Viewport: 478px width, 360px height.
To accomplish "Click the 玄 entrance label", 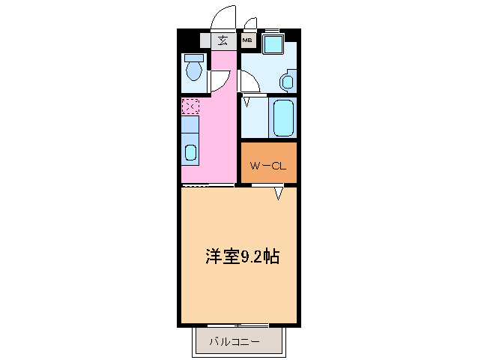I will click(223, 40).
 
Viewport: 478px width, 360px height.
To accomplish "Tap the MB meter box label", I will click(246, 41).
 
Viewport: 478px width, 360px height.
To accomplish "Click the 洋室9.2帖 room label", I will click(242, 257).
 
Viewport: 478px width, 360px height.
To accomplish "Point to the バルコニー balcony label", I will click(235, 342).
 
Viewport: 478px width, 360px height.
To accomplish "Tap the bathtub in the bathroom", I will click(285, 118).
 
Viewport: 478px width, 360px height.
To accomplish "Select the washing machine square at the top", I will click(273, 43).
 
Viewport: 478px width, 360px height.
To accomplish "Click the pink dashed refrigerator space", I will click(190, 107).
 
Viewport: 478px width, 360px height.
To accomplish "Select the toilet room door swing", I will click(220, 81).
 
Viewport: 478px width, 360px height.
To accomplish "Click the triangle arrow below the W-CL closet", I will click(278, 194).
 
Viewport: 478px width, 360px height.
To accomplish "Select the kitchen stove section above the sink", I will click(190, 127).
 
